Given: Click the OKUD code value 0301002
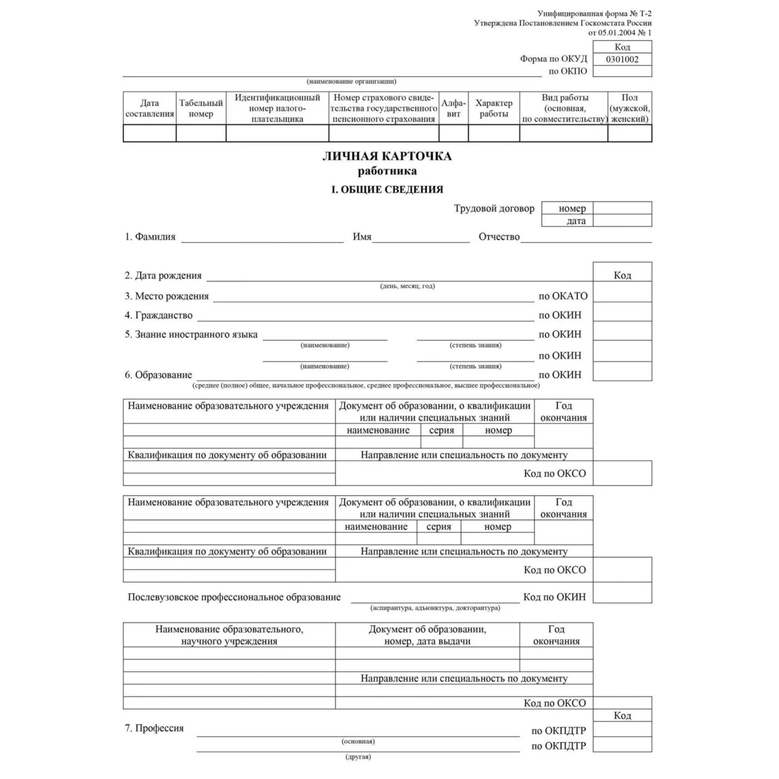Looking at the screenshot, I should [x=622, y=59].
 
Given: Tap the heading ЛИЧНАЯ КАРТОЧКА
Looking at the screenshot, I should [x=387, y=156].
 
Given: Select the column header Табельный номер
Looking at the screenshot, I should [x=201, y=108].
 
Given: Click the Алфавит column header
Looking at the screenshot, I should [x=453, y=108].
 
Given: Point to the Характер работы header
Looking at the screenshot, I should [x=493, y=108].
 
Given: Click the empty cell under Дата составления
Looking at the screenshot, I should [x=150, y=133].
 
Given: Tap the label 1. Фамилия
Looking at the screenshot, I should [x=150, y=237].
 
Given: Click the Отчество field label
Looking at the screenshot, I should [x=499, y=237].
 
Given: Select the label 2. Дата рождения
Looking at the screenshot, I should [x=163, y=276].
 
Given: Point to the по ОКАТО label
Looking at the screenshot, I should [x=563, y=296].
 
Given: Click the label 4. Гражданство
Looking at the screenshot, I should [x=158, y=315].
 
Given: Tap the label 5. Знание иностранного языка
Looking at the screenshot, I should [x=191, y=334].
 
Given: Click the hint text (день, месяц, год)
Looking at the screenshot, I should [x=408, y=286].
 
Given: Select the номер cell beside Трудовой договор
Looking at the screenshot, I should [x=572, y=208].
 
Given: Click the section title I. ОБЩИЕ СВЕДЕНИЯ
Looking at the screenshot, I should [x=387, y=190].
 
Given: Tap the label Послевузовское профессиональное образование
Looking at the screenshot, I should [x=234, y=597].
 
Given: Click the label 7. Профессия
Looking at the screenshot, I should [x=154, y=728].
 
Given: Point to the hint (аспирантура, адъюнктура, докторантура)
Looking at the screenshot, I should [x=435, y=608].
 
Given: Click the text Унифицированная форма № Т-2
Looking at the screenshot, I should [x=594, y=14].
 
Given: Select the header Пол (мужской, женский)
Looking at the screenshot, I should [x=629, y=108].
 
